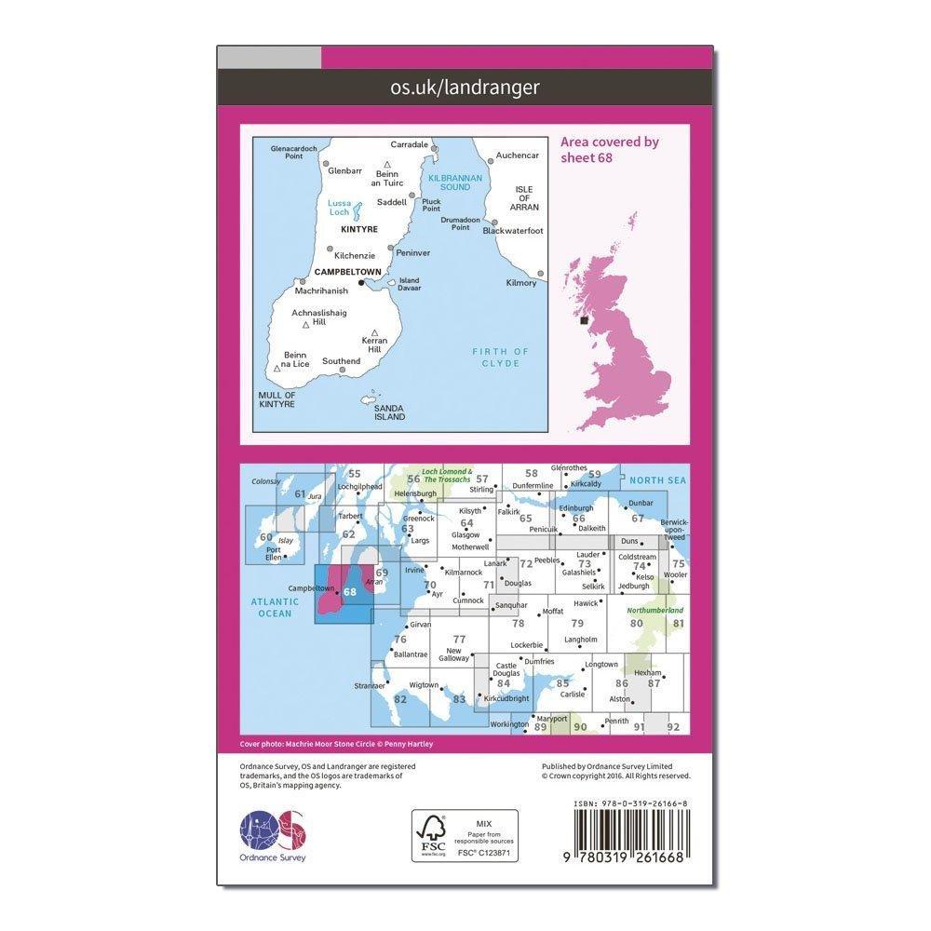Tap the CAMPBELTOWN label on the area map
[x=348, y=272]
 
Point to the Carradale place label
[x=410, y=145]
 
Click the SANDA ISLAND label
[x=389, y=412]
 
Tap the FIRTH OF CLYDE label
[x=501, y=357]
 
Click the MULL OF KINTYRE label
[x=277, y=399]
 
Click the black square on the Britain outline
[x=584, y=320]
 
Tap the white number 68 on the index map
[x=350, y=591]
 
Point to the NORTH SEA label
[x=656, y=480]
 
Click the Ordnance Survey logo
[x=274, y=830]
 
